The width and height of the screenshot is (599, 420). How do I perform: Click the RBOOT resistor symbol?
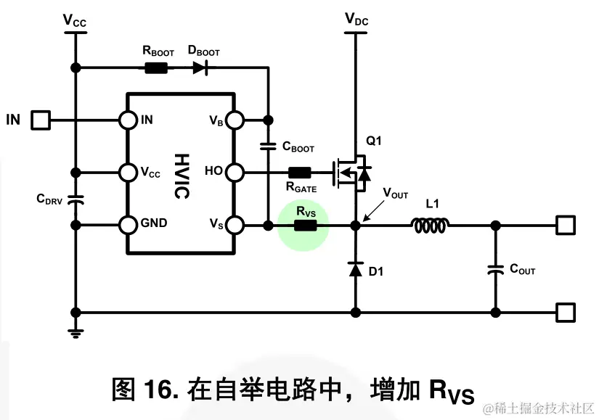(x=156, y=68)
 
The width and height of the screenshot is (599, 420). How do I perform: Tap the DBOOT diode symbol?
(x=200, y=68)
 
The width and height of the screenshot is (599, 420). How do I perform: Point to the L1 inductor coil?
(x=431, y=226)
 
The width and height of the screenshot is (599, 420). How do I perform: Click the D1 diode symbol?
(x=355, y=270)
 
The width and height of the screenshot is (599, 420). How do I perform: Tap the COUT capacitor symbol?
(x=495, y=269)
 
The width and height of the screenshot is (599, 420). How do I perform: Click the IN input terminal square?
(x=40, y=120)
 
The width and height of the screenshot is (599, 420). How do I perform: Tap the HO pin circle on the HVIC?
(x=235, y=173)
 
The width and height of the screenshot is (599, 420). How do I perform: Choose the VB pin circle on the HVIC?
(x=235, y=120)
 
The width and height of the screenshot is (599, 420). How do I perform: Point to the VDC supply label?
(x=356, y=20)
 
